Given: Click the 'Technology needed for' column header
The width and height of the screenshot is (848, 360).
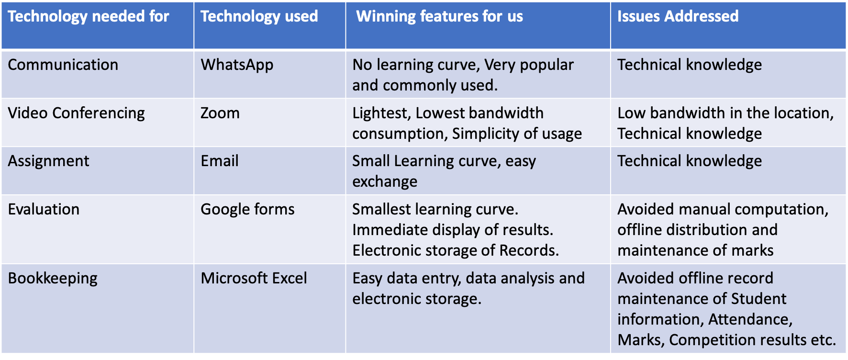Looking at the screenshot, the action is click(x=89, y=17).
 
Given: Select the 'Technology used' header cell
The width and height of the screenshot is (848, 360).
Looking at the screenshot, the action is click(x=259, y=17).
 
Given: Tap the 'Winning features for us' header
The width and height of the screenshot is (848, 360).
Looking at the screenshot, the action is click(x=439, y=17).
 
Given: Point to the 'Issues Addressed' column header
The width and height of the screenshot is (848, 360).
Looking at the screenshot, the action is click(x=678, y=17).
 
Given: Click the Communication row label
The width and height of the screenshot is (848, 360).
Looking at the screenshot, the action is click(x=63, y=65).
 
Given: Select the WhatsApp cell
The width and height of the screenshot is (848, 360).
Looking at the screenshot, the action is click(x=237, y=65).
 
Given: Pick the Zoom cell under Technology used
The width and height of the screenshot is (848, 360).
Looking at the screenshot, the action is click(x=220, y=113).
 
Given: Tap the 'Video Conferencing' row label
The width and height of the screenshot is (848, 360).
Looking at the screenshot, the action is click(x=77, y=113).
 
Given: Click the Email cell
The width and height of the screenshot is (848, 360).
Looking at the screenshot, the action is click(x=220, y=161).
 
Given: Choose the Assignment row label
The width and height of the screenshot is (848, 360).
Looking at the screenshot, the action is click(x=49, y=161).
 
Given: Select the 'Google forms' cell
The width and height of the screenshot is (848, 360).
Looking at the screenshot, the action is click(x=247, y=209).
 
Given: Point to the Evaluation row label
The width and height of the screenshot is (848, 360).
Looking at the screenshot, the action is click(x=44, y=209).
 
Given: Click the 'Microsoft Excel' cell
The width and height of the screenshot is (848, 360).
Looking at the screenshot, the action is click(x=254, y=278).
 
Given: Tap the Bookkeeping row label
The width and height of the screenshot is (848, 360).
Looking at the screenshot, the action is click(x=53, y=279).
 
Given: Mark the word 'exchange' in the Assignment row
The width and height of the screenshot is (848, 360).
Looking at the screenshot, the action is click(x=385, y=182).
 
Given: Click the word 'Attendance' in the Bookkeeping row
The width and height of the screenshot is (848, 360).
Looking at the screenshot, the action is click(x=750, y=319).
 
